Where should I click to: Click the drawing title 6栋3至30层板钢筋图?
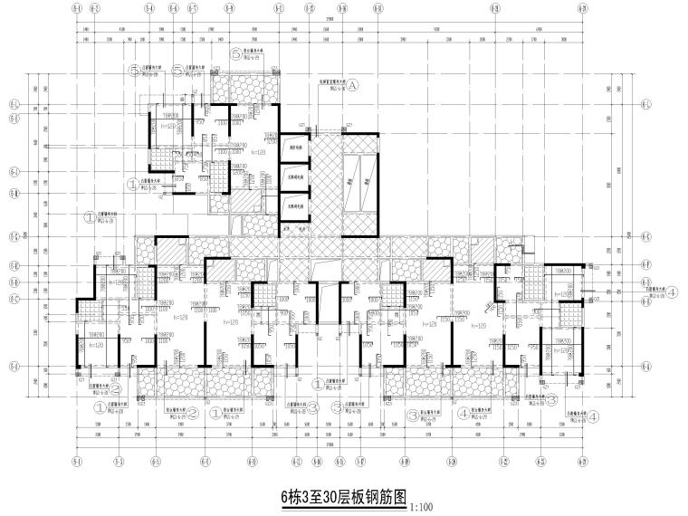(x=345, y=496)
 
